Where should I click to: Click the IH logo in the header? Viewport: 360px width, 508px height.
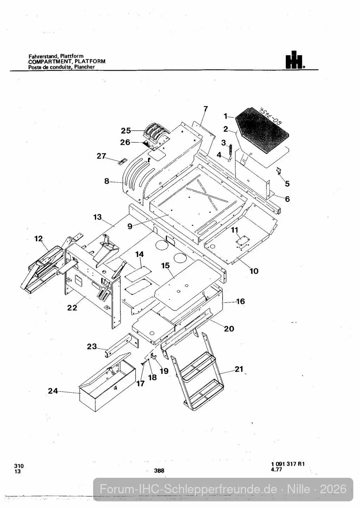295,60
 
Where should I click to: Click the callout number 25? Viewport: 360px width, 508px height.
126,131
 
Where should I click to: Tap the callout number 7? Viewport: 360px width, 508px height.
205,109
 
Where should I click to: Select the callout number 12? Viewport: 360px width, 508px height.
39,239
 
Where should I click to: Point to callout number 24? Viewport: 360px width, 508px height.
53,391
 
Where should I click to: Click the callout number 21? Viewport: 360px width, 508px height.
239,369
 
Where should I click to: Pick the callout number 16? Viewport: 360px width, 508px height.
241,301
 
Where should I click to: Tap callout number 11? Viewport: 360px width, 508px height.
234,230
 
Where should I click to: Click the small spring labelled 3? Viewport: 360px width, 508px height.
231,149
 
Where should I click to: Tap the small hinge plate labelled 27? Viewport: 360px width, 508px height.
122,161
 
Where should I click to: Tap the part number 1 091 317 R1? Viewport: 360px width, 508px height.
288,464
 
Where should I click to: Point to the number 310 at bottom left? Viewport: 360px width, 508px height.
19,466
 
